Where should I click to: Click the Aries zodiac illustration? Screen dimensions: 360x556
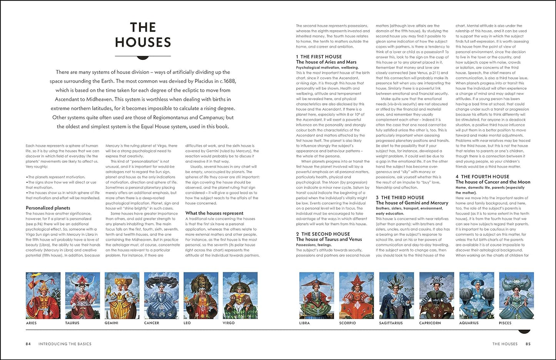tap(43, 295)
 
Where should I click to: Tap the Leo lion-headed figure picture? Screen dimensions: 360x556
tap(201, 295)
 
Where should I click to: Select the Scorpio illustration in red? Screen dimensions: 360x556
tap(356, 295)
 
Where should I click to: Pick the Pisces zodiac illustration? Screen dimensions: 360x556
tap(516, 295)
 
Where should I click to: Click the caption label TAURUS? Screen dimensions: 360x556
tap(72, 323)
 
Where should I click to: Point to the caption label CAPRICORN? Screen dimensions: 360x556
tap(430, 323)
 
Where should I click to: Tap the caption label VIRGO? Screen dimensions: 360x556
tap(229, 323)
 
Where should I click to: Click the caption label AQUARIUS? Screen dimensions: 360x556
tap(469, 323)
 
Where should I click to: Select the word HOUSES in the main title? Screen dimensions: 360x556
tap(143, 42)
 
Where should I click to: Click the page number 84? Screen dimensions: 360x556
tap(28, 344)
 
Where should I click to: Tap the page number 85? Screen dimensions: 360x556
tap(528, 344)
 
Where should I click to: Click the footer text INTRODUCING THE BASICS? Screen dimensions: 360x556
tap(65, 344)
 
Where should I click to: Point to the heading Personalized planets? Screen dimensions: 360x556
tap(48, 208)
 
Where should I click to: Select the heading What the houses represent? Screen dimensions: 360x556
tap(214, 213)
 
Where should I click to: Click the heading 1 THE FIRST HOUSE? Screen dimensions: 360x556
tap(319, 57)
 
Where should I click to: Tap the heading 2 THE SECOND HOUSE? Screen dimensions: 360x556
tap(323, 234)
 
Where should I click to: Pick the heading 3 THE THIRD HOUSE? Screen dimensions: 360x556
tap(400, 197)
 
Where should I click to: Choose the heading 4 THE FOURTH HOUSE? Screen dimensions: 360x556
tap(483, 177)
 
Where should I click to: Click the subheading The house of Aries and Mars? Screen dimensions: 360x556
tap(326, 62)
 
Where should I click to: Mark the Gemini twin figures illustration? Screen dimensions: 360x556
tap(122, 295)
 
